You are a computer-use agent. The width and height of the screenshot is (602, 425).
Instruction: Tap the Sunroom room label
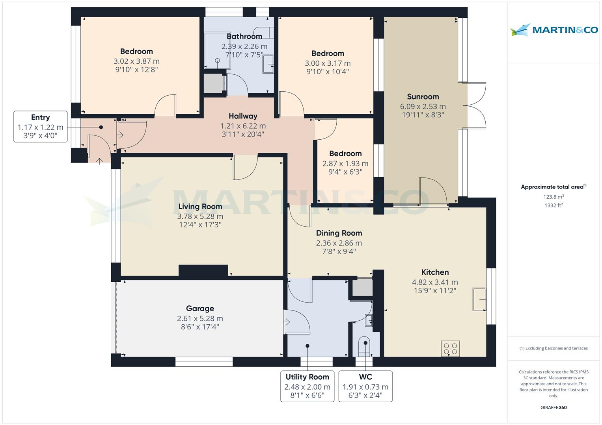(423, 97)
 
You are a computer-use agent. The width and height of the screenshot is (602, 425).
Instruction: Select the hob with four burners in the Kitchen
(450, 349)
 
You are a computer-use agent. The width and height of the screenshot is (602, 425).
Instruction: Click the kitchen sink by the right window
(479, 299)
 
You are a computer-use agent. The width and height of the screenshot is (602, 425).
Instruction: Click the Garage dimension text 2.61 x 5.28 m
(200, 318)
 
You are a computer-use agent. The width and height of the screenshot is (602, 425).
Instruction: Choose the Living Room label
(200, 207)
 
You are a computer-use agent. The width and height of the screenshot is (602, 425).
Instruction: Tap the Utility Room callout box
(307, 386)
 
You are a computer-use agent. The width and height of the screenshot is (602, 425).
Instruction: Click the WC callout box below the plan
(365, 386)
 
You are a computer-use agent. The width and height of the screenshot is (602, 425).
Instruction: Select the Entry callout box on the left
(40, 127)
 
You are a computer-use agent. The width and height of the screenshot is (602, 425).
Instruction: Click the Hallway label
(243, 116)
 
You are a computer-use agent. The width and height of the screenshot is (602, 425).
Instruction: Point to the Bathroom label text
(244, 37)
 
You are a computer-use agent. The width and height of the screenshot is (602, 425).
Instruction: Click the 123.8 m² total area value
(554, 197)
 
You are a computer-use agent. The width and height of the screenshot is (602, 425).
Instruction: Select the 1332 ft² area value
(554, 205)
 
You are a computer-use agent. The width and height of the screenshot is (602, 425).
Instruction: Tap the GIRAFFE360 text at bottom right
(554, 407)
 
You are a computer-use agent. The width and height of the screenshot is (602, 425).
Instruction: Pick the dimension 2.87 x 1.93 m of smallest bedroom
(345, 163)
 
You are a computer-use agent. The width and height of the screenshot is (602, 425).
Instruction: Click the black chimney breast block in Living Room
(203, 270)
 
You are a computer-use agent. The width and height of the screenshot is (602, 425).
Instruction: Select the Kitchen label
(435, 272)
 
